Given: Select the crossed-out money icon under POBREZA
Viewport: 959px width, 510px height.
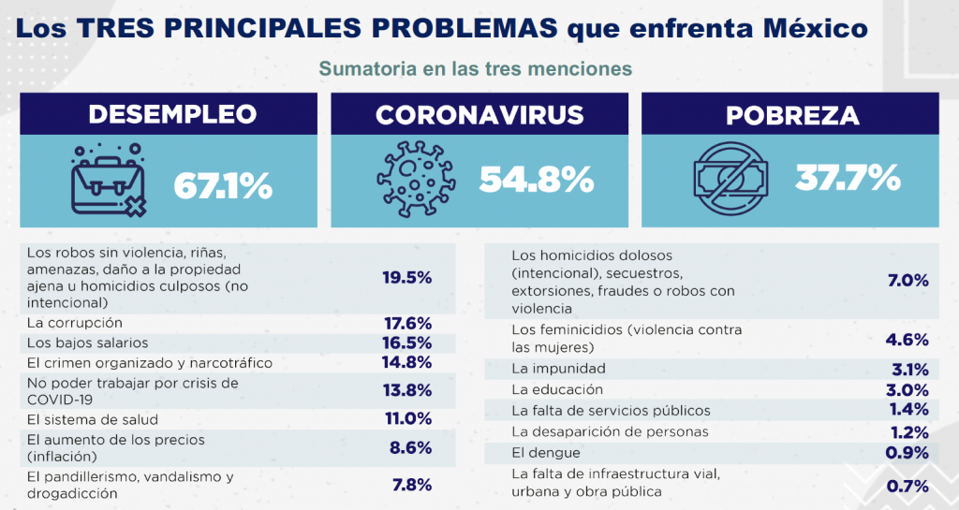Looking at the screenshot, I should pos(730,177).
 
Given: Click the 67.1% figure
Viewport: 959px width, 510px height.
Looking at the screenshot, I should pos(223,186).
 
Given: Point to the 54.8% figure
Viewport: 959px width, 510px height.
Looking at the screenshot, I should pos(537,179).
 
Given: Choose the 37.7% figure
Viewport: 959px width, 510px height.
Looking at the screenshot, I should pos(848,177).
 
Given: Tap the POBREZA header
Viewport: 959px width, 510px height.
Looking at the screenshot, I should pos(792,115).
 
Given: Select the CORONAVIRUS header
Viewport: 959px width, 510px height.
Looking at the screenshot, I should pos(479,115).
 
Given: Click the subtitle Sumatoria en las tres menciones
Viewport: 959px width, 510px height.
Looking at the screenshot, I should pos(476,69).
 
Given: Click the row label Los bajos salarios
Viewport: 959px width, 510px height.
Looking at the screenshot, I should pos(88,342).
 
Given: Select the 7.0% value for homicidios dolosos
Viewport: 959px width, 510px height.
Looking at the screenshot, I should pos(907,280).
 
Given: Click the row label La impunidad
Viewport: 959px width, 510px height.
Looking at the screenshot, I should pos(558,369).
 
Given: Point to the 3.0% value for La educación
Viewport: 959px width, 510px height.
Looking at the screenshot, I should pos(907,389).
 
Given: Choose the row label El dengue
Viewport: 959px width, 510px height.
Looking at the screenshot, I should pos(545,453).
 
